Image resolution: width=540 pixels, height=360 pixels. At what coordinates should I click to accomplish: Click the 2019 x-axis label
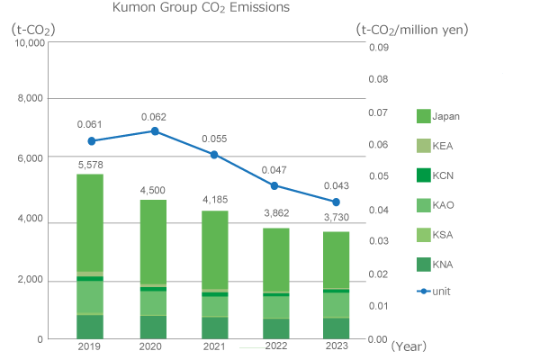click(x=90, y=346)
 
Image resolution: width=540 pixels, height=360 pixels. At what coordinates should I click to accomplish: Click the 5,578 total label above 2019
click(x=90, y=165)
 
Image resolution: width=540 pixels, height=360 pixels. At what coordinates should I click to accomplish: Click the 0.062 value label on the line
click(x=155, y=117)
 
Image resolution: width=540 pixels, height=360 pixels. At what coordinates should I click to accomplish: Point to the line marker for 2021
click(x=214, y=155)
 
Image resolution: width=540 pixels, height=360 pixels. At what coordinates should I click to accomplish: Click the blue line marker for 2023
click(x=336, y=202)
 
